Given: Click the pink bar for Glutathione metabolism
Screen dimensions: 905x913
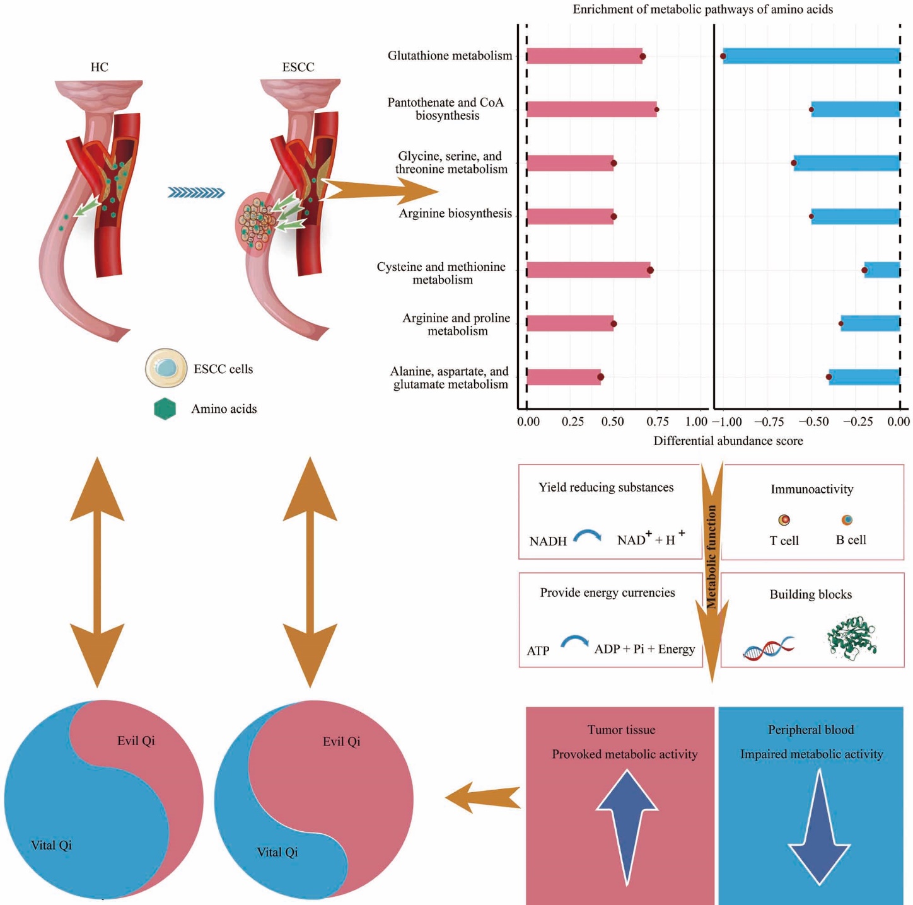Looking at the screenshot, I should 584,56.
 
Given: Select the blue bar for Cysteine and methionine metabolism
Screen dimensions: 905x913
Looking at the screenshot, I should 882,270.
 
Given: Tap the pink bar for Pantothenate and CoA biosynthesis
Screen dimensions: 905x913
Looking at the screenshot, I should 591,110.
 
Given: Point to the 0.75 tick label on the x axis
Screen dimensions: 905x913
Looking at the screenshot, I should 657,422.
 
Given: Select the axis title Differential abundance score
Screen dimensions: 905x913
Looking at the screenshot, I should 728,441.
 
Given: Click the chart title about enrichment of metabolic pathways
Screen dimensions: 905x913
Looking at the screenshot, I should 702,9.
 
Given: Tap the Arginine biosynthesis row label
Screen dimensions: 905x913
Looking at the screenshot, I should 455,214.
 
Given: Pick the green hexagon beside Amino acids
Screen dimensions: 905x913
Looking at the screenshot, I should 165,409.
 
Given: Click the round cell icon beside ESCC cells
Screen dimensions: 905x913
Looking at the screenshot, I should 166,368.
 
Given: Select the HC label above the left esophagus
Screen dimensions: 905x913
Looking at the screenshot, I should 100,67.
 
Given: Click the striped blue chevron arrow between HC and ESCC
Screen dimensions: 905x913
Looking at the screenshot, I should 196,193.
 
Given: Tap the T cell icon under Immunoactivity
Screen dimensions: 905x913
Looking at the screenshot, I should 784,520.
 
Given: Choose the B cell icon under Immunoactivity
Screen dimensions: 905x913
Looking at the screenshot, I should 847,520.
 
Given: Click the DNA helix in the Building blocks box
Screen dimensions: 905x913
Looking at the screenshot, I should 769,648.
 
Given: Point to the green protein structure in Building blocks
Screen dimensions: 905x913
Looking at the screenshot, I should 852,638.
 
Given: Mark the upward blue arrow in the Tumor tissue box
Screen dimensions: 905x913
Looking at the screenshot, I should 627,822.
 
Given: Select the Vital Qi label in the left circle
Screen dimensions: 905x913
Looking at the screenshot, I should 51,846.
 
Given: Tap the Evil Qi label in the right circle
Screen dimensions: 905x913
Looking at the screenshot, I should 341,742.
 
